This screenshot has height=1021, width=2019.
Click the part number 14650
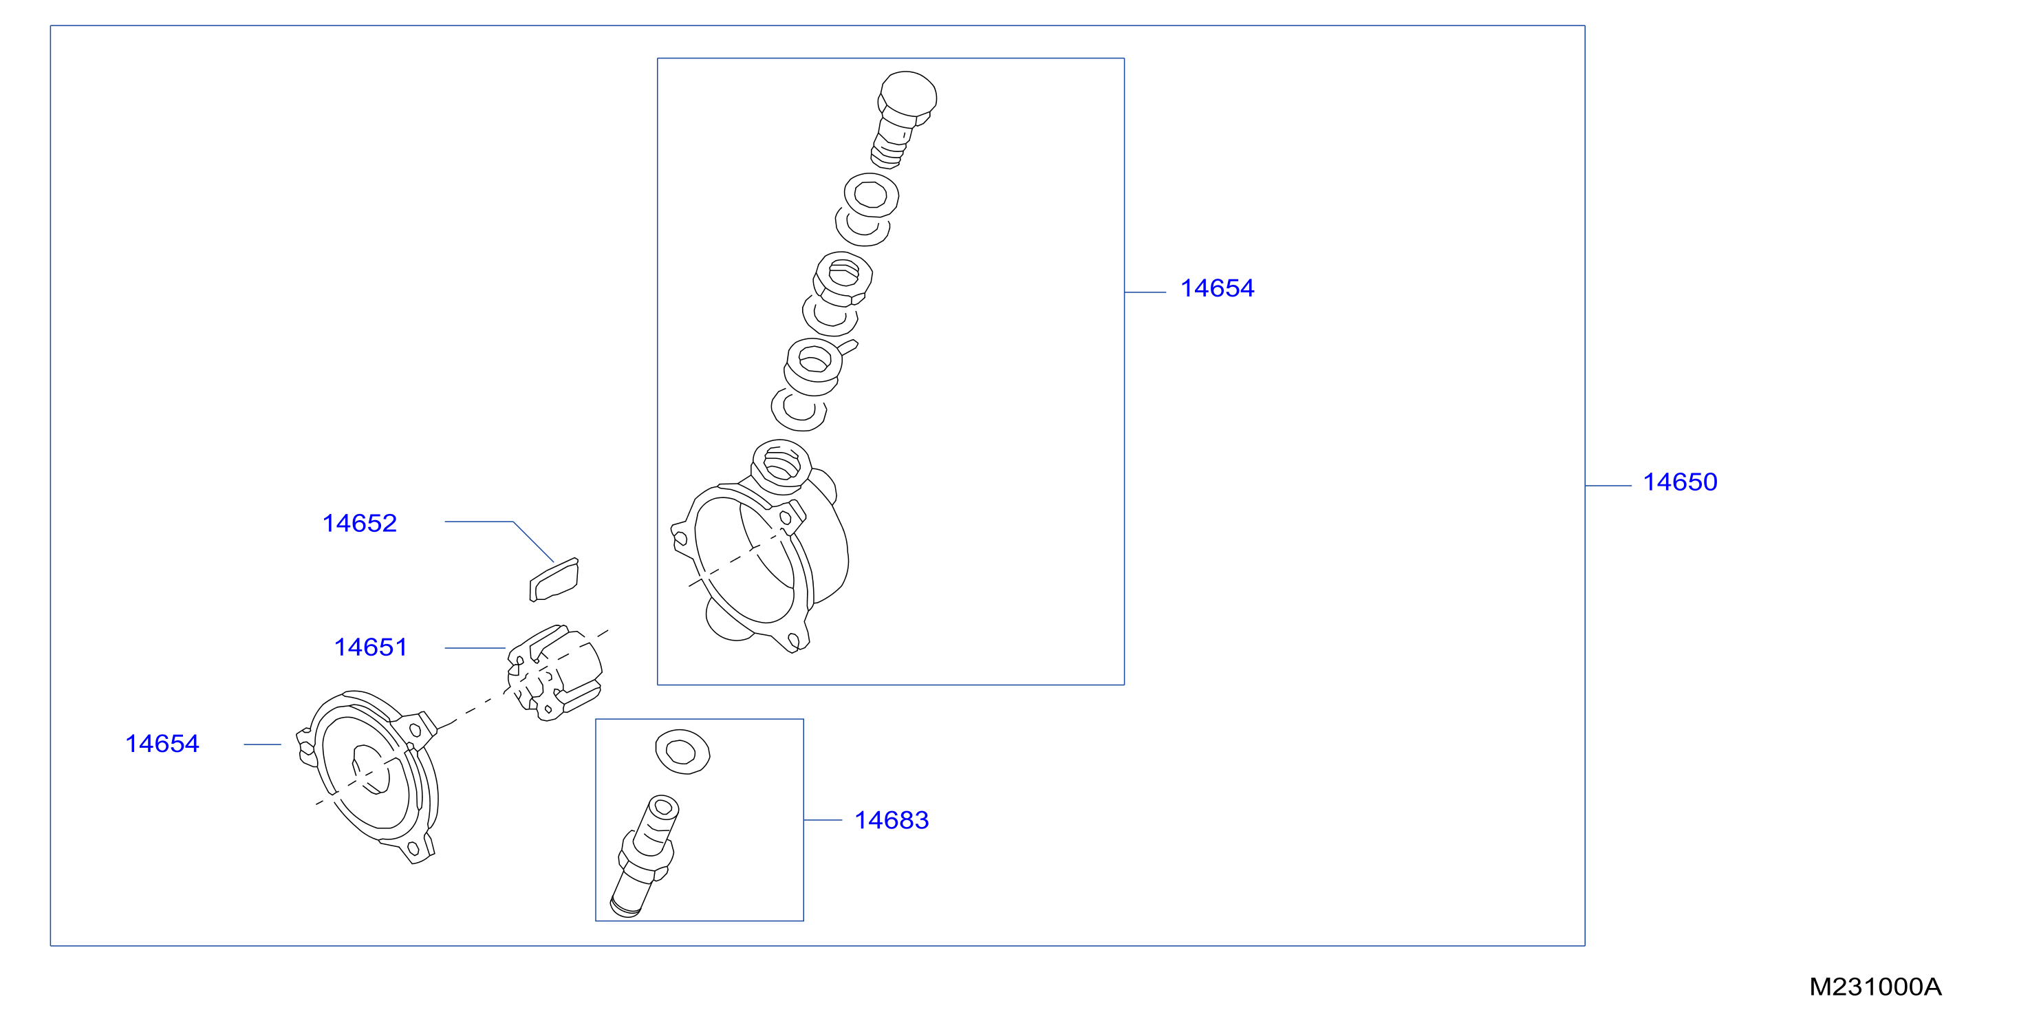[x=1680, y=482]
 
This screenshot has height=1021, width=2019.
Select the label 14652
[x=360, y=523]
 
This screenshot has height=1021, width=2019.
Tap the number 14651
[x=371, y=647]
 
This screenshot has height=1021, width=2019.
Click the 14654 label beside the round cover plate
[x=162, y=744]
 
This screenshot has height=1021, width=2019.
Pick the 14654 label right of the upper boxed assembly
[x=1217, y=288]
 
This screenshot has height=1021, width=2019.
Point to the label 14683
[x=891, y=819]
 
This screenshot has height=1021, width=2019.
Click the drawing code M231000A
[x=1875, y=987]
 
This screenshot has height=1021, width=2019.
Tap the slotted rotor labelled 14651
[x=555, y=672]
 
